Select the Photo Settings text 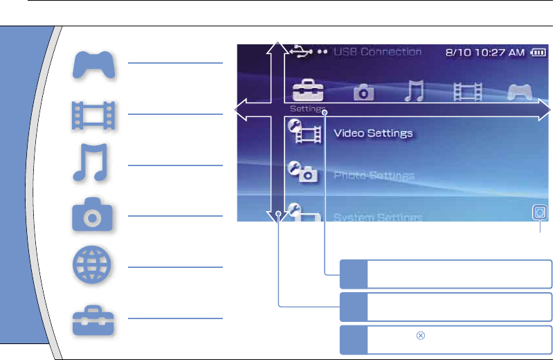pyautogui.click(x=374, y=176)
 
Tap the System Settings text pyautogui.click(x=378, y=217)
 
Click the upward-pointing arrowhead pyautogui.click(x=277, y=44)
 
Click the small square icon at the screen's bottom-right pyautogui.click(x=539, y=213)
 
